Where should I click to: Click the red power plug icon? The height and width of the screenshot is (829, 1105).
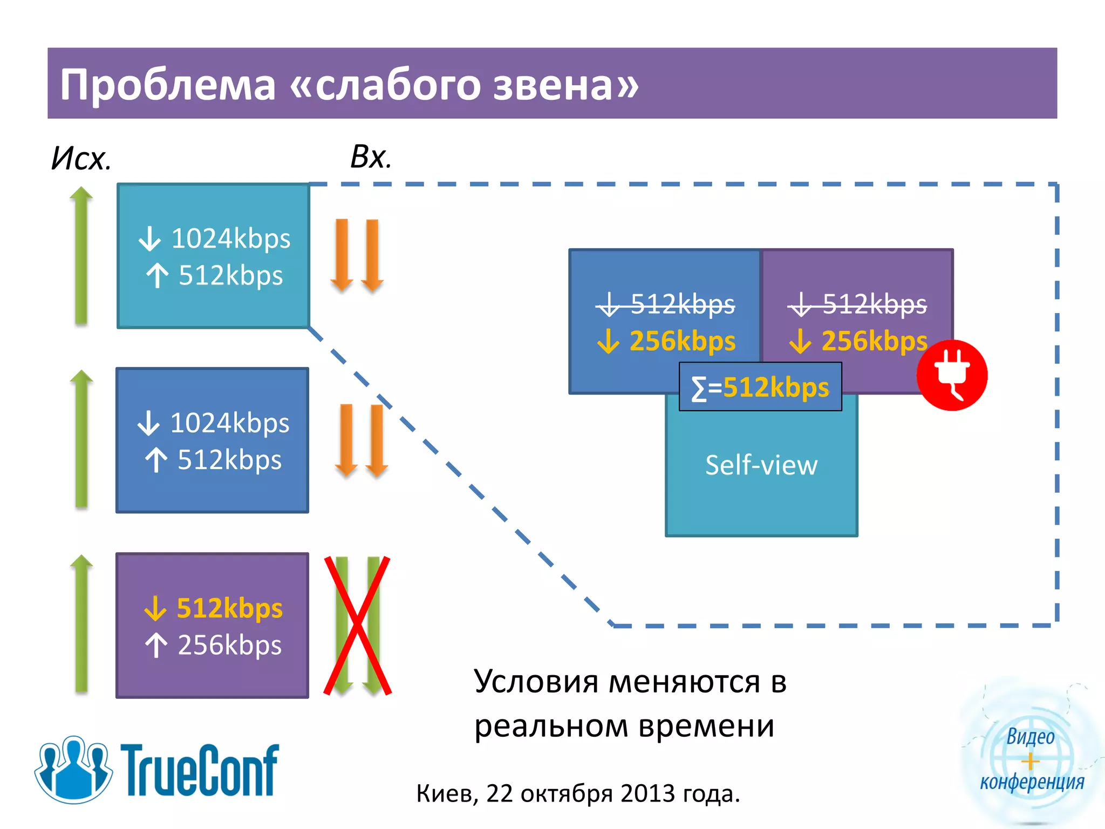(952, 376)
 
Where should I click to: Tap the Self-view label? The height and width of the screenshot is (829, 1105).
(761, 465)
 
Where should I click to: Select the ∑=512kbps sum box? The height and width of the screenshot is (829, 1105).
(760, 387)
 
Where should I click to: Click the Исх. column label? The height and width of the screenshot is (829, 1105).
(81, 159)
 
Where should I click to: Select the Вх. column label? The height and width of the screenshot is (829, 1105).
(371, 157)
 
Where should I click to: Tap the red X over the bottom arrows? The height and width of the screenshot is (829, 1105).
(357, 626)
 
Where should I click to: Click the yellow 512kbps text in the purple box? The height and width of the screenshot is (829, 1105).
(229, 608)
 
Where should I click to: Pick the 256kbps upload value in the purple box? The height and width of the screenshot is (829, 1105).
(229, 645)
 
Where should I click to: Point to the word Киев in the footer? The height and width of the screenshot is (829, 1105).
(447, 794)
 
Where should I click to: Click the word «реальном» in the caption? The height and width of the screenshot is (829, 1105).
(551, 726)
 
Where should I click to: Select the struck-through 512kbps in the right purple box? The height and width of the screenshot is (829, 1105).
(874, 304)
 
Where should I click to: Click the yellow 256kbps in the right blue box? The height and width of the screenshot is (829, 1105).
(682, 341)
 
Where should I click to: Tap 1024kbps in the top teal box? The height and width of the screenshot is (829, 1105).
(230, 239)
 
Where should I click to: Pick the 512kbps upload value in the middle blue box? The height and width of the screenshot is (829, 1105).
(229, 460)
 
